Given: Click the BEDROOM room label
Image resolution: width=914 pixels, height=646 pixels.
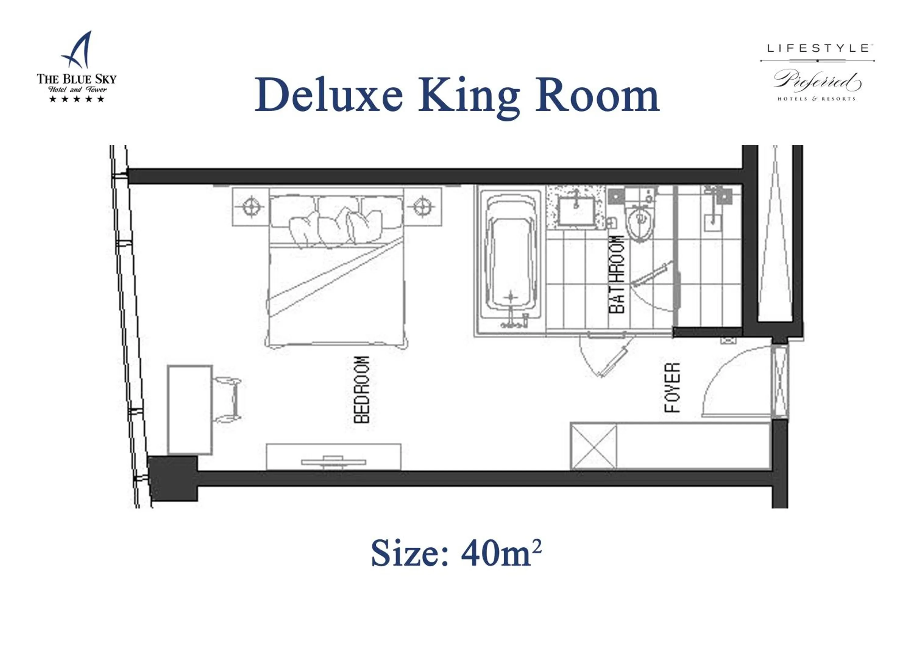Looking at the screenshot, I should (361, 389).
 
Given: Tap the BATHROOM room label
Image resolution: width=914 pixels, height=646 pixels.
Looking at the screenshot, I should (617, 275).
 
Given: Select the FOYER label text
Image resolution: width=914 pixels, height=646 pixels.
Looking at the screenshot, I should (672, 387).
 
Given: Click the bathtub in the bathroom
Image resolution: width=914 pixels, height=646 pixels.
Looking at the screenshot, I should (511, 261).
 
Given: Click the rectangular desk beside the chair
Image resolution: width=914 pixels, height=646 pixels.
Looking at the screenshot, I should (190, 410).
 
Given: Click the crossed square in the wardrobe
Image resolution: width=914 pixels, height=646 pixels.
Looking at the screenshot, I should (593, 447).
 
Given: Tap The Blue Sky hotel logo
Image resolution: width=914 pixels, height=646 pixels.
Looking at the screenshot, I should (76, 68).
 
